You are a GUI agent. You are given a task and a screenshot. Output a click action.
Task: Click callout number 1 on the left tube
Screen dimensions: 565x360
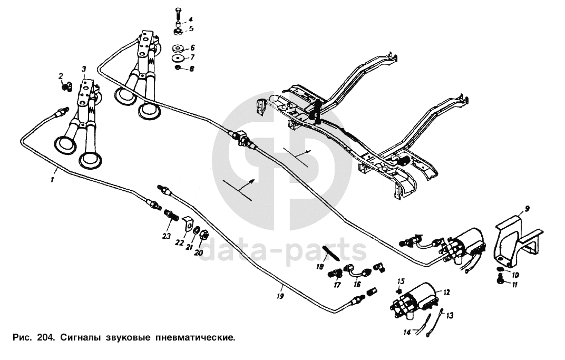pyautogui.click(x=53, y=180)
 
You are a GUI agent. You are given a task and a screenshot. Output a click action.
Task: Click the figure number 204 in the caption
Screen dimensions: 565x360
pyautogui.click(x=44, y=336)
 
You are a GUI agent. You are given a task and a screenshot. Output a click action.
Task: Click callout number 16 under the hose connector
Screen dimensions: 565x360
pyautogui.click(x=357, y=285)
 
